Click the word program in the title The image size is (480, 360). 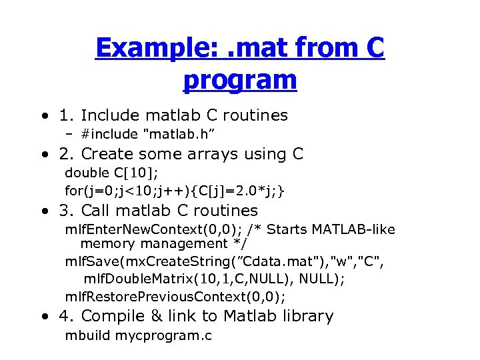(239, 80)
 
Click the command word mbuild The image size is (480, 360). (88, 335)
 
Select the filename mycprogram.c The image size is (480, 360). (163, 335)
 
